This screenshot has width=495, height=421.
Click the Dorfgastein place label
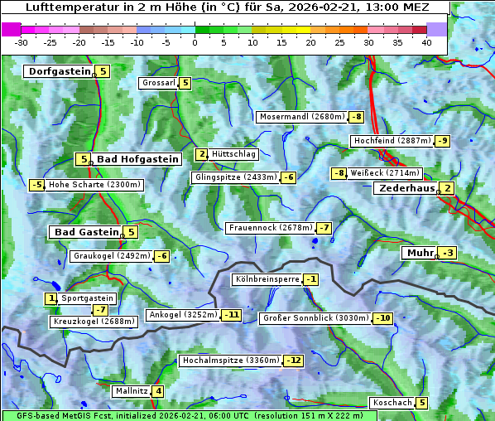pyautogui.click(x=59, y=71)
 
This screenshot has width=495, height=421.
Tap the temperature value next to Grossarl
pyautogui.click(x=185, y=83)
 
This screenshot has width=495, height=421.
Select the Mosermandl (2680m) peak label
pyautogui.click(x=302, y=117)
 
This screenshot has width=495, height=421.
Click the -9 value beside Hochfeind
pyautogui.click(x=443, y=141)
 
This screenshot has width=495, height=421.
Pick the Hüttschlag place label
pyautogui.click(x=234, y=154)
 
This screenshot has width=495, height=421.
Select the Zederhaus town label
pyautogui.click(x=406, y=189)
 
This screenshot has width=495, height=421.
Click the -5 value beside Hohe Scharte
pyautogui.click(x=36, y=185)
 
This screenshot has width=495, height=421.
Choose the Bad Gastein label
pyautogui.click(x=87, y=232)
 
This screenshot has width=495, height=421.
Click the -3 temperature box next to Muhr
pyautogui.click(x=448, y=253)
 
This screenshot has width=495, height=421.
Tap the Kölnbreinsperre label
pyautogui.click(x=267, y=279)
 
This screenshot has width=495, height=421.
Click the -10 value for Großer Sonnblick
pyautogui.click(x=382, y=318)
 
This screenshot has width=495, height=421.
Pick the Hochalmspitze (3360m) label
pyautogui.click(x=230, y=361)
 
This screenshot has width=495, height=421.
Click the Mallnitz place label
pyautogui.click(x=132, y=391)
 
